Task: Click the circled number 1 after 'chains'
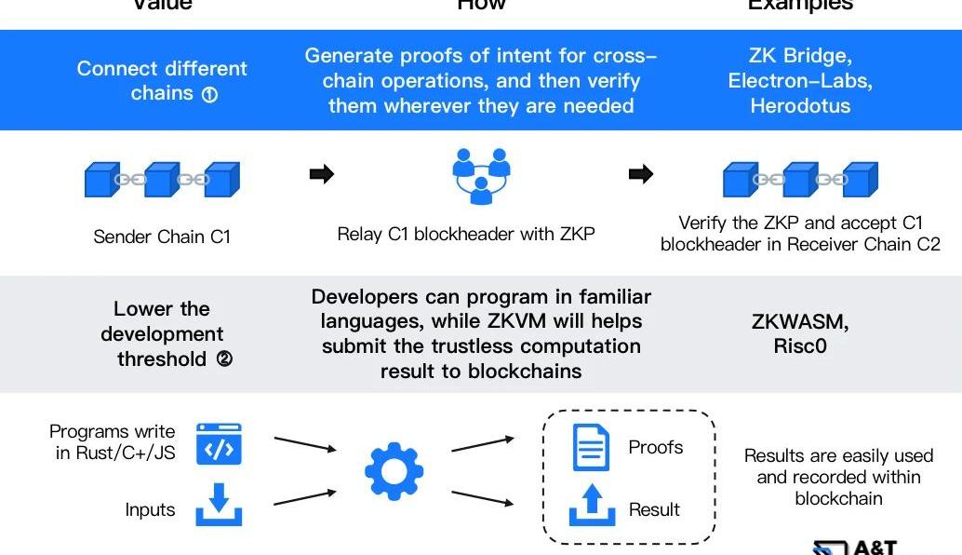209,94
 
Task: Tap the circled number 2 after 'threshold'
224,359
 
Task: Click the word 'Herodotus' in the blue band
800,105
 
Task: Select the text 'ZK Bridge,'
800,56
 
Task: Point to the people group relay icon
481,175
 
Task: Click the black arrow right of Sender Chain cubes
321,174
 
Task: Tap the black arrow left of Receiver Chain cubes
641,174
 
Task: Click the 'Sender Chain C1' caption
162,237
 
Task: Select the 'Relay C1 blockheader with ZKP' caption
465,234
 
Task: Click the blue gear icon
394,471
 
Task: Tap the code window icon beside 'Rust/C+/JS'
219,444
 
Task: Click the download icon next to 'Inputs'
219,504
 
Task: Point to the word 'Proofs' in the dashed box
655,447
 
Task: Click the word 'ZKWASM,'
800,322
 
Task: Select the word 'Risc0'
800,346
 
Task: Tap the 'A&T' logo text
874,548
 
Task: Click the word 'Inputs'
150,510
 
